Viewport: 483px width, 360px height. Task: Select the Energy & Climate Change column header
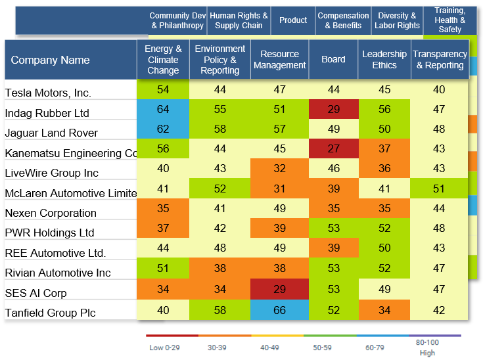point(163,60)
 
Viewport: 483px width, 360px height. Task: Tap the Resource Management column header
point(280,60)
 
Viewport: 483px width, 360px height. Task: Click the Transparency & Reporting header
point(440,60)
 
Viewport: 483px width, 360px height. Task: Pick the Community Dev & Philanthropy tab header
point(177,20)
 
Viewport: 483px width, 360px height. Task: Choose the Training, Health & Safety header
point(450,20)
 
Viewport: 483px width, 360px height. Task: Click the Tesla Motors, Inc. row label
point(48,93)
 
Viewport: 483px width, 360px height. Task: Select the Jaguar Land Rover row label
point(51,133)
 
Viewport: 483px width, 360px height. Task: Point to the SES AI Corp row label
point(35,293)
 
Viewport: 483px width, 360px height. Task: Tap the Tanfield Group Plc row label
point(50,313)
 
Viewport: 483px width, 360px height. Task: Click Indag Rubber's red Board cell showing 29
point(333,109)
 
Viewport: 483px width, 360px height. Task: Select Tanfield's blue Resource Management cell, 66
point(280,310)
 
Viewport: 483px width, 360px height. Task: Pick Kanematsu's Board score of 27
point(333,149)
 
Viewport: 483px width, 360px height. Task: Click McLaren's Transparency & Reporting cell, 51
point(440,189)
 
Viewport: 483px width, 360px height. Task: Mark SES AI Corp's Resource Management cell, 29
point(280,290)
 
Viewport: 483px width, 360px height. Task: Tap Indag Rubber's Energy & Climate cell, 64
point(163,109)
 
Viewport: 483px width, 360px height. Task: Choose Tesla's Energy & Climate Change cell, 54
point(163,89)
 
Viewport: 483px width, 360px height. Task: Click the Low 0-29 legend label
point(164,348)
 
